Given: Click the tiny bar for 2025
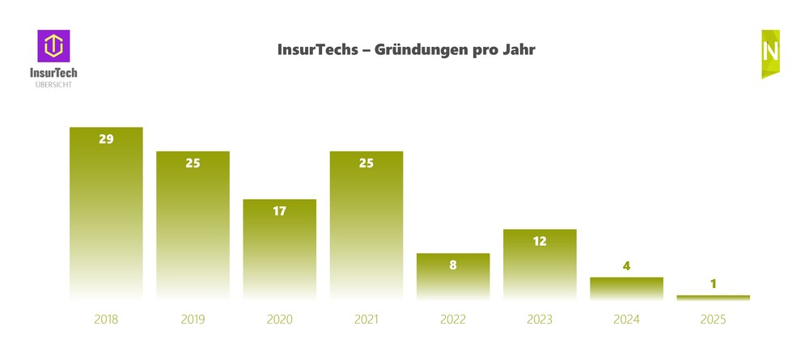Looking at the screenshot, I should (x=713, y=298).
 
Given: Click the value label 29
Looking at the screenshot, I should (x=106, y=139).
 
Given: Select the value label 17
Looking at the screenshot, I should (x=279, y=211).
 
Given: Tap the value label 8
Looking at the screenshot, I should (x=453, y=265).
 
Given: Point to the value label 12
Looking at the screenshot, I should (x=540, y=241).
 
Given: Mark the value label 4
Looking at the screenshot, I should (x=626, y=266).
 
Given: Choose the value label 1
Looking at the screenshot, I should (x=713, y=284).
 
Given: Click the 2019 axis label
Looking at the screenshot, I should (x=193, y=320).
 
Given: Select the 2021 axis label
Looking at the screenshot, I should (x=366, y=320).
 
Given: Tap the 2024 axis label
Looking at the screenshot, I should (x=626, y=320).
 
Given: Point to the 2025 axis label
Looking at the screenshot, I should (x=713, y=320).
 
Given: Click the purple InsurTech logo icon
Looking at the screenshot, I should (x=53, y=46).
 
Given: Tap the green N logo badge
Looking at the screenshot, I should (x=770, y=53).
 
